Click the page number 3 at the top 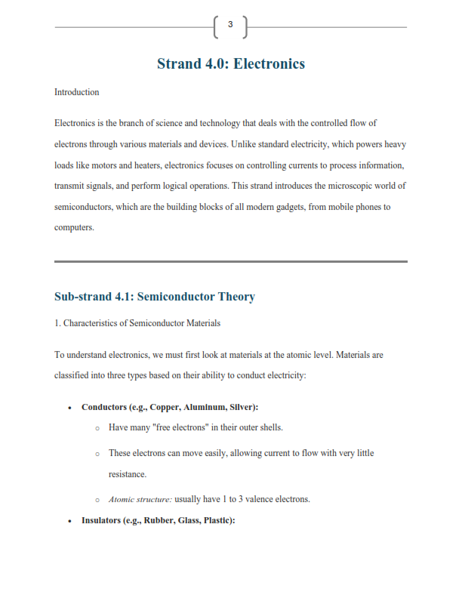pyautogui.click(x=230, y=26)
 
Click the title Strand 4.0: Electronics pyautogui.click(x=230, y=63)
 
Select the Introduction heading pyautogui.click(x=76, y=92)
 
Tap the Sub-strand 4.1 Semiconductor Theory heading pyautogui.click(x=155, y=297)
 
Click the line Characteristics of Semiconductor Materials pyautogui.click(x=137, y=323)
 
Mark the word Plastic pyautogui.click(x=217, y=520)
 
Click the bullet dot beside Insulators pyautogui.click(x=69, y=521)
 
